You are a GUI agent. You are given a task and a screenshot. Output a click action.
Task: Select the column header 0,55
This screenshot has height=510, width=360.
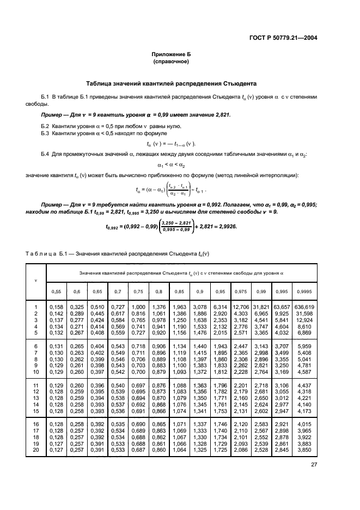tap(56, 292)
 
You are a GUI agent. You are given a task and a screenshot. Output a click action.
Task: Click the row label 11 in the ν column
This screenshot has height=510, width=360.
tap(36, 386)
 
